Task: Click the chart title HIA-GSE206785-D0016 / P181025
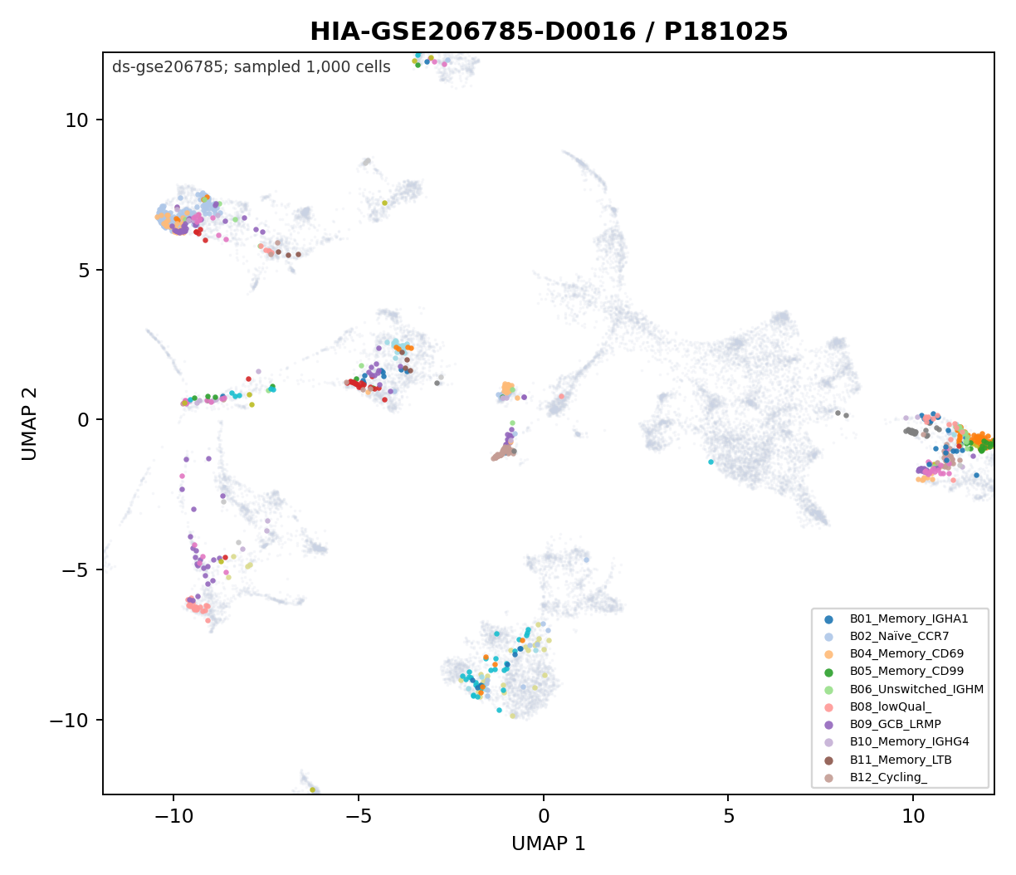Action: pos(549,32)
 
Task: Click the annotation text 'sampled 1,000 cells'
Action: pos(312,67)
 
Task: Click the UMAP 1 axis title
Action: pos(549,843)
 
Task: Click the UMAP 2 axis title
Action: pos(29,423)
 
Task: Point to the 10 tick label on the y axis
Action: pos(76,120)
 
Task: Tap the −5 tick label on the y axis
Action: pos(74,570)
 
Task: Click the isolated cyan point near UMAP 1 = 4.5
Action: pos(711,462)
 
